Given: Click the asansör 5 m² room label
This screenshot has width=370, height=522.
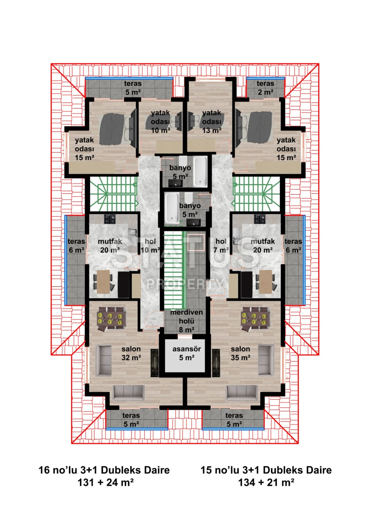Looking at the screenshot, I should click(x=186, y=353).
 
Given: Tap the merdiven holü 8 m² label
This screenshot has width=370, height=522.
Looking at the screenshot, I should click(x=186, y=321).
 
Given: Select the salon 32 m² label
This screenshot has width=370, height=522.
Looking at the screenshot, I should click(x=131, y=353).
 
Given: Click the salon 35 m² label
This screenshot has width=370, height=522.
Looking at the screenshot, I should click(x=240, y=353).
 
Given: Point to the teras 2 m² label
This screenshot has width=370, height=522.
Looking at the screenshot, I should click(x=265, y=88).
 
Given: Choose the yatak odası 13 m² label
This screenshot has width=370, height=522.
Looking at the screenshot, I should click(x=211, y=122).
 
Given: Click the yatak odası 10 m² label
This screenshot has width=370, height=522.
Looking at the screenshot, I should click(x=160, y=122).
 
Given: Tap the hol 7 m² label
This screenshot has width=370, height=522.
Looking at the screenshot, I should click(x=221, y=246).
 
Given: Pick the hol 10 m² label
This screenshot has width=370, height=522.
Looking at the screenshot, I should click(x=150, y=246).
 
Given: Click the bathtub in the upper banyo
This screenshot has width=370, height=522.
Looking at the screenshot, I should click(x=200, y=171).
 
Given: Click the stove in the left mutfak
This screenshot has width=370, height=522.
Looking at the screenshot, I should click(x=110, y=219).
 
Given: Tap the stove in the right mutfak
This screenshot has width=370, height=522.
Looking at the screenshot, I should click(x=260, y=219).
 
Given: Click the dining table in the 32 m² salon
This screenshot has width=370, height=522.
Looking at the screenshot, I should click(x=111, y=318).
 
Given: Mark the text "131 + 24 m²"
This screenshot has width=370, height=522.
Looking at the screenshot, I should click(x=105, y=482).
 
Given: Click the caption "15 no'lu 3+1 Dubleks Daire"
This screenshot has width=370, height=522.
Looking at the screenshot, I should click(x=266, y=470).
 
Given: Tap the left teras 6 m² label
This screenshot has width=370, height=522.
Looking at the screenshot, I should click(x=76, y=246).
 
